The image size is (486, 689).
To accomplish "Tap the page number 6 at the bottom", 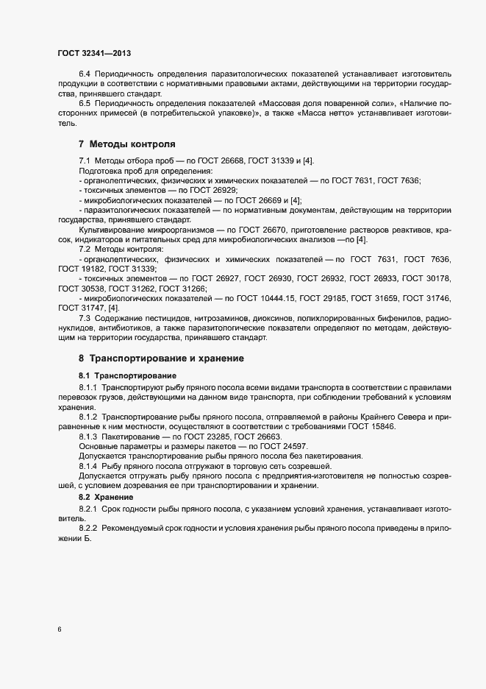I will (x=59, y=630).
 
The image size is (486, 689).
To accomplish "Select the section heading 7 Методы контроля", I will (x=126, y=144).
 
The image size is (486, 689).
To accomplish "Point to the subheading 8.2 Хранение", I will (x=101, y=498).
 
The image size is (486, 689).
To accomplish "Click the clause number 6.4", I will (x=85, y=74).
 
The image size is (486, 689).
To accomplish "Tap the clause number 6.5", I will (x=85, y=104).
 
